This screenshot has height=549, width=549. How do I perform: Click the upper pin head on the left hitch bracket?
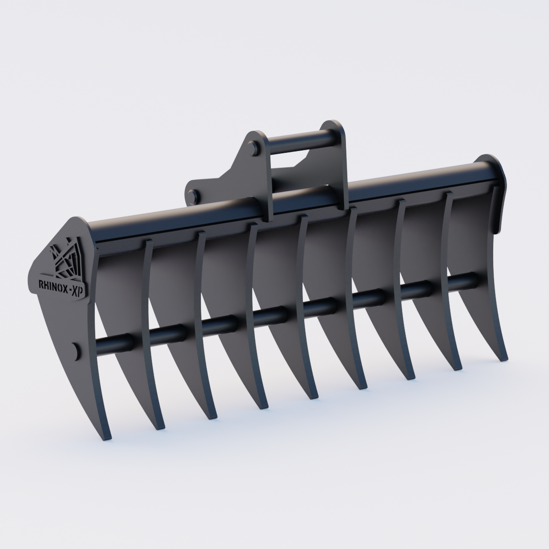click(253, 149)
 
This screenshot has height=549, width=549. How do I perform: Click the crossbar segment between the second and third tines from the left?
click(167, 333)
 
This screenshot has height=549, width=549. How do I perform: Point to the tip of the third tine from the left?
click(211, 416)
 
